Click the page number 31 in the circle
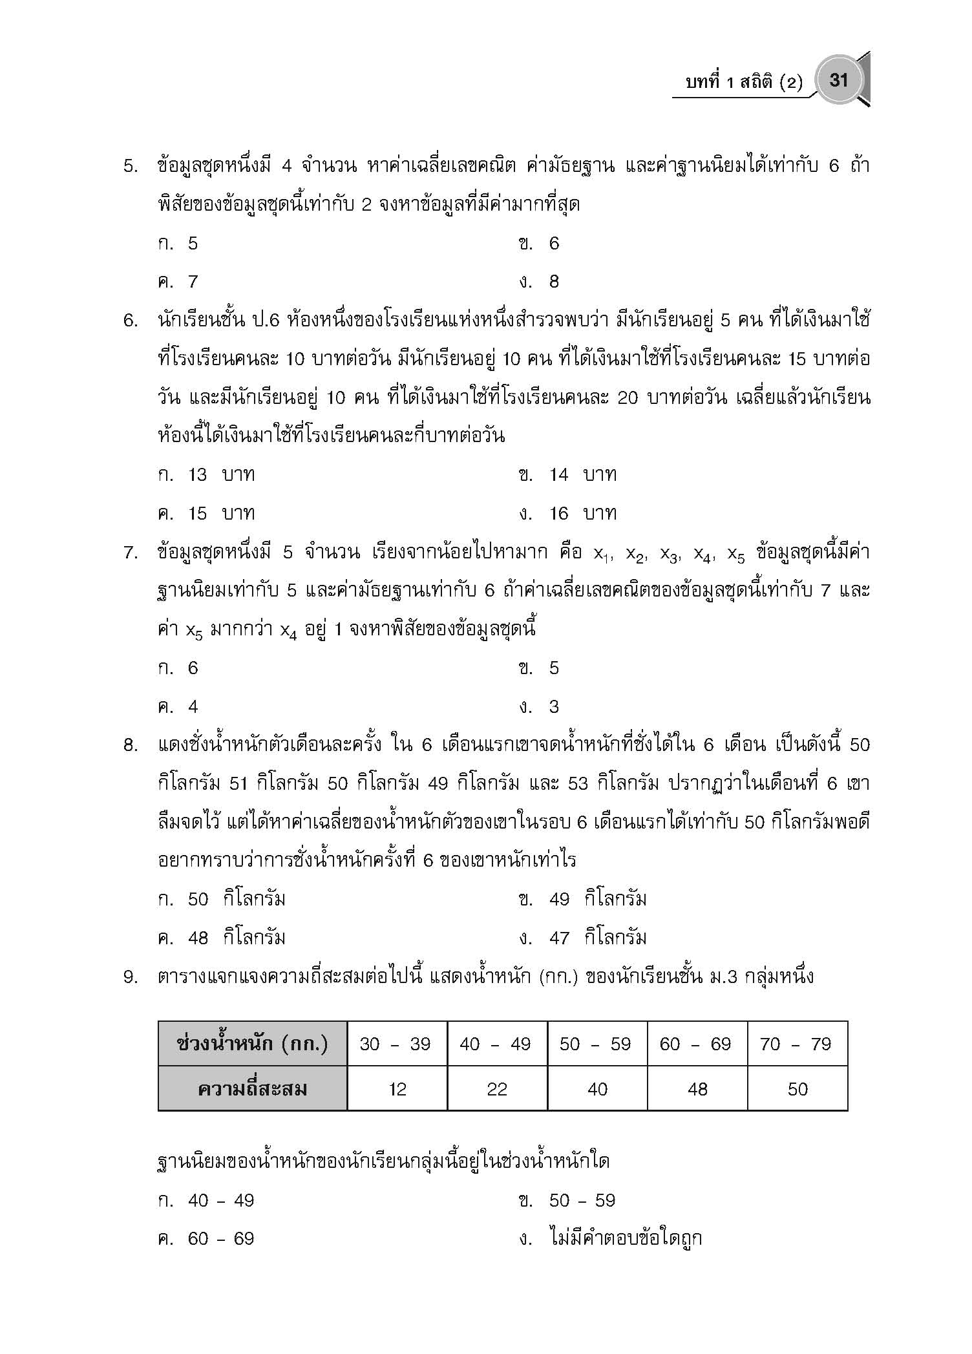coord(838,80)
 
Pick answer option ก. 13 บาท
coord(206,475)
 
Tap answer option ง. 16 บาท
coord(567,514)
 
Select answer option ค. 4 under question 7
coord(178,707)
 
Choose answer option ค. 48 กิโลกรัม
coord(221,938)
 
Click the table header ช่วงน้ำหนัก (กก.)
coord(253,1044)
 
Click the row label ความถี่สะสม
coord(253,1089)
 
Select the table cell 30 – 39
coord(396,1044)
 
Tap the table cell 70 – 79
coord(796,1044)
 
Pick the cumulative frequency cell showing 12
coord(397,1089)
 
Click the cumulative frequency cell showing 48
coord(697,1089)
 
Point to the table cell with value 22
coord(497,1089)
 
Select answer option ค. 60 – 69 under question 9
coord(206,1239)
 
